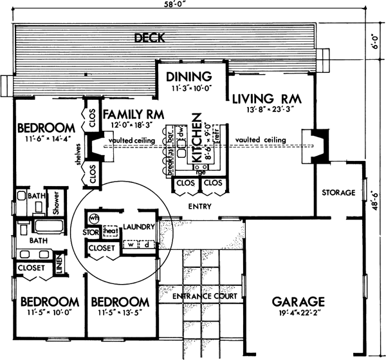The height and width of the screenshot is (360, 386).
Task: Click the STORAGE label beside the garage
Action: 338,193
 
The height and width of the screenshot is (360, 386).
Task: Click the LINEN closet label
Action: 59,266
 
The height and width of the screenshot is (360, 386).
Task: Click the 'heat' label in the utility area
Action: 109,231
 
